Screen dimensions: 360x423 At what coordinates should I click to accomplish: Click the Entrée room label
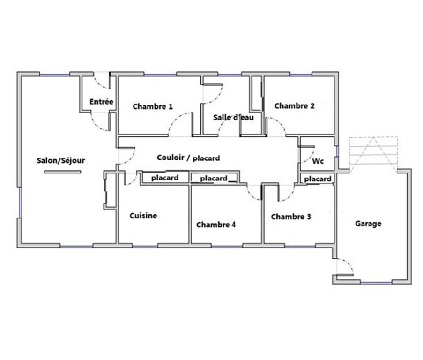click(x=101, y=101)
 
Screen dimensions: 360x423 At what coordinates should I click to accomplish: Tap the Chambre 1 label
click(x=153, y=106)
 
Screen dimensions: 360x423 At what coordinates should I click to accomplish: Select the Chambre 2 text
click(x=294, y=106)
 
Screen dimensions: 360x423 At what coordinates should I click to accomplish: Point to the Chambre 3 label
click(x=291, y=217)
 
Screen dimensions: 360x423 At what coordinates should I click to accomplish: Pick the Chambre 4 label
click(x=216, y=225)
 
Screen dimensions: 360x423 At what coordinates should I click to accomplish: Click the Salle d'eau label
click(x=233, y=118)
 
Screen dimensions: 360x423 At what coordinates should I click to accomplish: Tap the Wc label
click(x=319, y=161)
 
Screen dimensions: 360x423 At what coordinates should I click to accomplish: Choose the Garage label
click(x=368, y=224)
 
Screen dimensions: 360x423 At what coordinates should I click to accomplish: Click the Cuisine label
click(x=143, y=216)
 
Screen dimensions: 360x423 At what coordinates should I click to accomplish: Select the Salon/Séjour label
click(x=61, y=160)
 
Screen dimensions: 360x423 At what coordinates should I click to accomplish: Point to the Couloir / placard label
click(x=189, y=158)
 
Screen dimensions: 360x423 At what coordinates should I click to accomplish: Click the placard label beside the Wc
click(x=318, y=179)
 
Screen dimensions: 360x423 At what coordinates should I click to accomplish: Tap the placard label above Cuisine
click(x=164, y=178)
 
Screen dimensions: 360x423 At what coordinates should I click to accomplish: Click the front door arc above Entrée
click(x=100, y=82)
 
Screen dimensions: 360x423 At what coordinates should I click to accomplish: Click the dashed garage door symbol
click(x=373, y=152)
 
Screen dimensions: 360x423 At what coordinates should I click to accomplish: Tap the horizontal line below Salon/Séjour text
click(x=62, y=172)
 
